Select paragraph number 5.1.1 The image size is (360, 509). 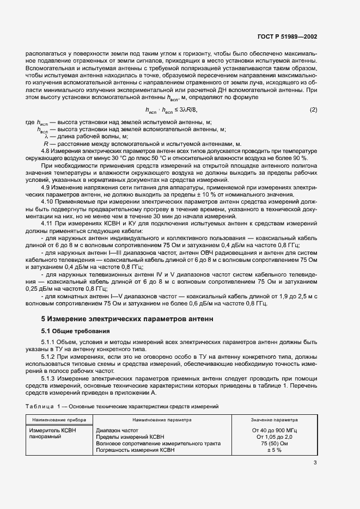pyautogui.click(x=51, y=342)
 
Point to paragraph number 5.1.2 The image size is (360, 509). pyautogui.click(x=51, y=355)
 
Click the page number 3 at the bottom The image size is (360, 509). pyautogui.click(x=315, y=463)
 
